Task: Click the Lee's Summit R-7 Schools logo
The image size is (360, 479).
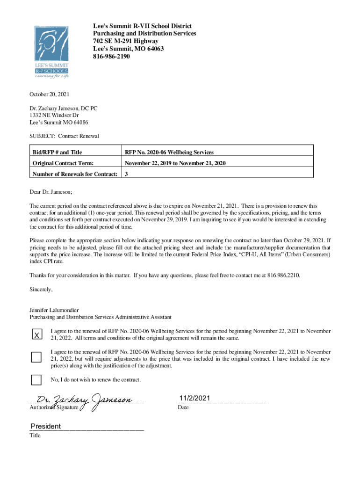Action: tap(51, 52)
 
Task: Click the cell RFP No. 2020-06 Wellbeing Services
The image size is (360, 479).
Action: tap(169, 152)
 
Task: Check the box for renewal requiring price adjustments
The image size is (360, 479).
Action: tap(36, 357)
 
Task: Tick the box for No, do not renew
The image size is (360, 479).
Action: tap(36, 379)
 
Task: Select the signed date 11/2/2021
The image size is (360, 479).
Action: tap(194, 398)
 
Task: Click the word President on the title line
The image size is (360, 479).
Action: tap(46, 426)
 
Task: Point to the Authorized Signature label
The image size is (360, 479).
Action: tap(54, 408)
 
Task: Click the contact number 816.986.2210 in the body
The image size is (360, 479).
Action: tap(283, 276)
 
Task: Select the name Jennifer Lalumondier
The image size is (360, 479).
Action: tap(54, 310)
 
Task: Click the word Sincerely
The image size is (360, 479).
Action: tap(41, 290)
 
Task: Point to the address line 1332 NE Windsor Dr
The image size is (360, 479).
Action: tap(54, 115)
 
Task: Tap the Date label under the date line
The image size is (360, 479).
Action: tap(183, 408)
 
